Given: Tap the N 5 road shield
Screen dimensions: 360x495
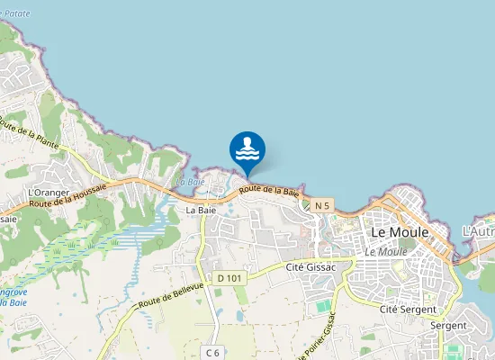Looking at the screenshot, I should [x=322, y=206].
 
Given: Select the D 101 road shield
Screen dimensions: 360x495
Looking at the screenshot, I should [x=229, y=278].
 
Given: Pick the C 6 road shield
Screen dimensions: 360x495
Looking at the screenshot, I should [x=212, y=351].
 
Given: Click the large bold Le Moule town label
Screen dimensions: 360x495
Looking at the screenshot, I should [x=400, y=232].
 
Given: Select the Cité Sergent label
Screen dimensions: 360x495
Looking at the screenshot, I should [x=401, y=309].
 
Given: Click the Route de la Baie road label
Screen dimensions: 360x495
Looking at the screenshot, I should [x=269, y=190].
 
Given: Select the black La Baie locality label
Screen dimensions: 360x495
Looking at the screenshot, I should [x=200, y=210].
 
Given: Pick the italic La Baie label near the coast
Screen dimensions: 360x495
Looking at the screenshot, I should [x=190, y=182].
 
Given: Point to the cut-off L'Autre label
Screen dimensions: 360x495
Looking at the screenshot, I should [x=479, y=231].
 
